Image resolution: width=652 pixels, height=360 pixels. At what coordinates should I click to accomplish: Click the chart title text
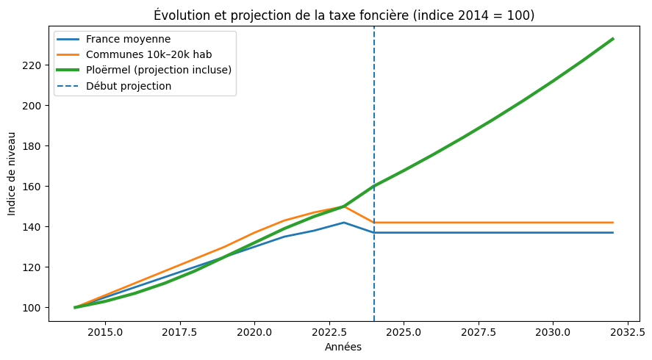click(345, 15)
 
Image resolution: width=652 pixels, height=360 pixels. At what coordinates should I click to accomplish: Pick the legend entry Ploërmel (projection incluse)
click(158, 70)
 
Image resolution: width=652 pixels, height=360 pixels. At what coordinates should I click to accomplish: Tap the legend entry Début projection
click(128, 85)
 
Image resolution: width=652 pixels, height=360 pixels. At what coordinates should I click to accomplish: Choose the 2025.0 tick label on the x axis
click(404, 331)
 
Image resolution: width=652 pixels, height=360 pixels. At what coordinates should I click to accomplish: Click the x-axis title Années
click(343, 348)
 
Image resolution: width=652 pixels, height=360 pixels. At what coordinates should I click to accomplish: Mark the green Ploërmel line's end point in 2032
click(613, 39)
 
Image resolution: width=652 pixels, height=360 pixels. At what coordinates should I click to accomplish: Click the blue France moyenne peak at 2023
click(344, 223)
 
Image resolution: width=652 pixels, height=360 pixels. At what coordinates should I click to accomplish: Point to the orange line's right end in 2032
click(613, 223)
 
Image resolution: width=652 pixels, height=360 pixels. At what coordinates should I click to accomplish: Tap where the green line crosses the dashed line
click(374, 186)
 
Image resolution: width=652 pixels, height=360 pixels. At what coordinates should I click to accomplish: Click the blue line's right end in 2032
click(613, 233)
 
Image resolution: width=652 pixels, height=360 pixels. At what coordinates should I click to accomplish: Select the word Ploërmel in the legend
click(107, 70)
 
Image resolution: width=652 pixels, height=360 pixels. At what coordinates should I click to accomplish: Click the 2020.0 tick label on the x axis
click(254, 331)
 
